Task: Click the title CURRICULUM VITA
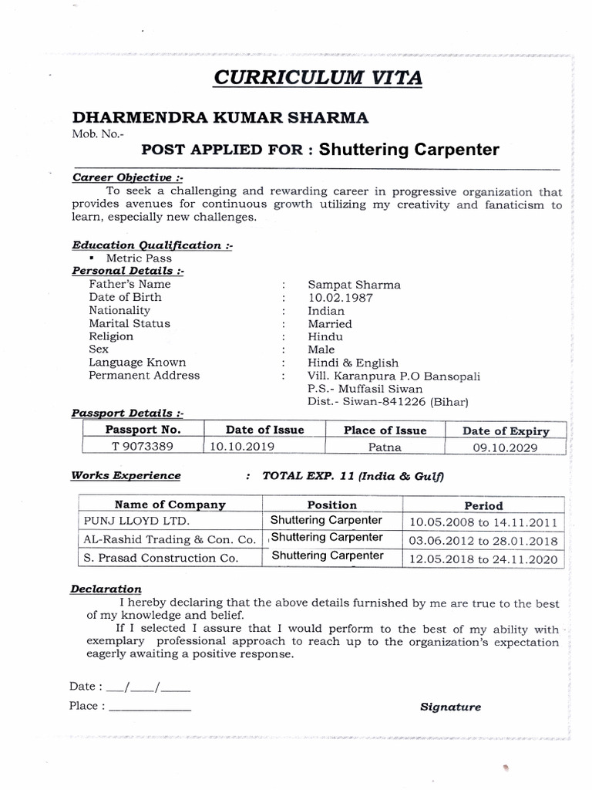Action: pos(317,79)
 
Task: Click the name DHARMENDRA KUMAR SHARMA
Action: pos(220,117)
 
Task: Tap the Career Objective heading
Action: pos(128,177)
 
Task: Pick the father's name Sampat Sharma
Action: pos(354,284)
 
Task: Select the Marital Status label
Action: pos(129,323)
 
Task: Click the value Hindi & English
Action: pos(353,363)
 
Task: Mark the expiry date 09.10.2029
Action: pos(505,447)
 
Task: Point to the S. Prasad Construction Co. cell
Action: pos(160,558)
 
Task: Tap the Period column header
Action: pos(483,506)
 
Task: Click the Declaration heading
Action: pos(106,589)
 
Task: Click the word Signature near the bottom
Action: pos(450,707)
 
